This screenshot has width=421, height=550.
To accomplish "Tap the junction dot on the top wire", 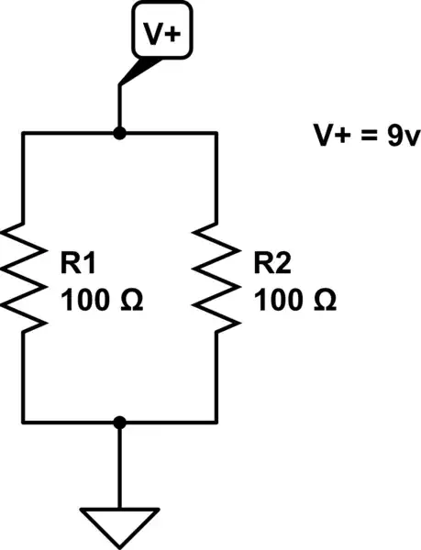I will coord(119,134).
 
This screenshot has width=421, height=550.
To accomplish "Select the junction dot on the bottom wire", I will coord(119,422).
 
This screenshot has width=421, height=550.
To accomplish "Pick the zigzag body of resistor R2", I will coord(216,277).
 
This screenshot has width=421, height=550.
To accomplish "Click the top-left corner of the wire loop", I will coord(23,134).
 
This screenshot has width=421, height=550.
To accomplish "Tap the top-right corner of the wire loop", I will coord(216,134).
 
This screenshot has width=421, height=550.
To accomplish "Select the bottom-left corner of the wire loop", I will coord(23,422).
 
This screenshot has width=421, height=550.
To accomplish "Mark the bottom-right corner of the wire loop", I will coord(216,422).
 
